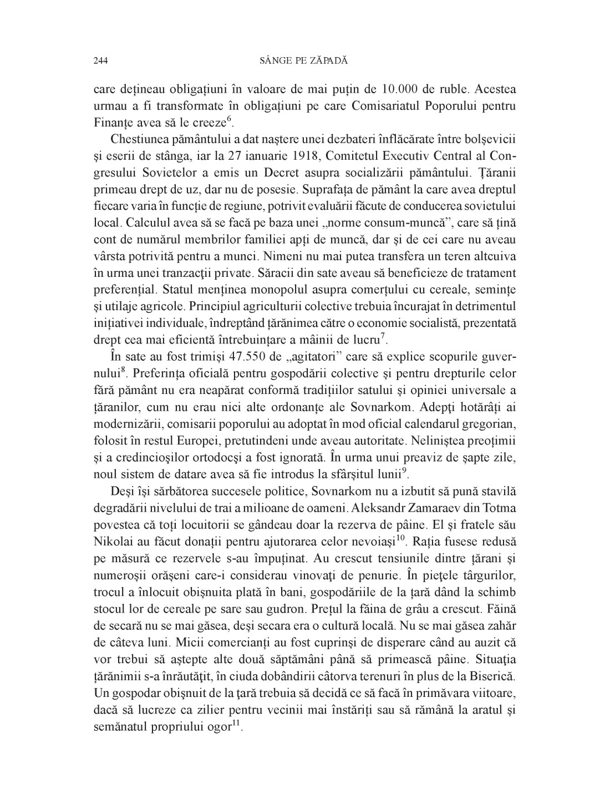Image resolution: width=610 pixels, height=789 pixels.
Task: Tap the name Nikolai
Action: (111, 539)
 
